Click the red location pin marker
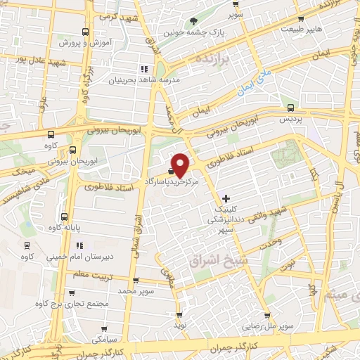click(181, 165)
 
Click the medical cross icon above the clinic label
click(225, 199)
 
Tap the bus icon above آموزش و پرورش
click(85, 32)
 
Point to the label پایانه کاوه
click(64, 228)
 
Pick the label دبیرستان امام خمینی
click(75, 257)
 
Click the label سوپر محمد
click(135, 290)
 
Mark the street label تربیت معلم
click(91, 274)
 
